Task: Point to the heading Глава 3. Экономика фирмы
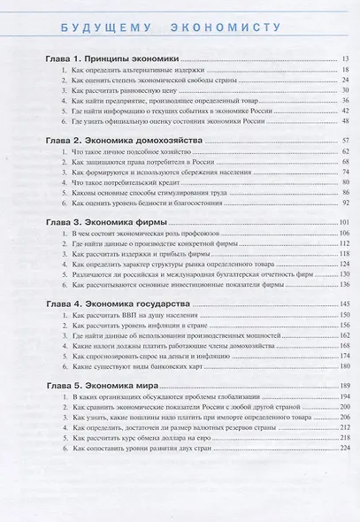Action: pos(109,219)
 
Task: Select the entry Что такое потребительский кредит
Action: pos(126,185)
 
